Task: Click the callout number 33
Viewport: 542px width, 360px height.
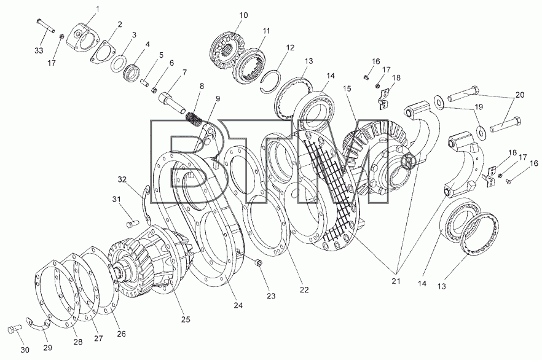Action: coord(39,50)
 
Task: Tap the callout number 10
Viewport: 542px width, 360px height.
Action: coord(243,15)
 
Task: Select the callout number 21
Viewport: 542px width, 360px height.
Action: coord(396,281)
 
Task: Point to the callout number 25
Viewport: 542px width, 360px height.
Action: coord(186,319)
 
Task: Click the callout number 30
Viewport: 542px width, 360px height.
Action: coord(25,350)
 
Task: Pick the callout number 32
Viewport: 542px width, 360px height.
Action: coord(122,179)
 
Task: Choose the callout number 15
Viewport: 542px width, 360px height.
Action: coord(347,89)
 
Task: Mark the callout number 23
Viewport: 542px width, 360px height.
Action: coord(272,295)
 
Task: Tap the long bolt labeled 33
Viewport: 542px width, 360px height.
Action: coord(45,26)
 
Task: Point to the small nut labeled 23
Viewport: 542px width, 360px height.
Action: coord(258,264)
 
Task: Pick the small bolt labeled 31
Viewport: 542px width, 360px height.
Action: coord(132,224)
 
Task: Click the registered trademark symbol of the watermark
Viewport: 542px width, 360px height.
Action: coord(409,160)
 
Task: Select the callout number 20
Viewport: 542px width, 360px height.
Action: coord(519,95)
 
